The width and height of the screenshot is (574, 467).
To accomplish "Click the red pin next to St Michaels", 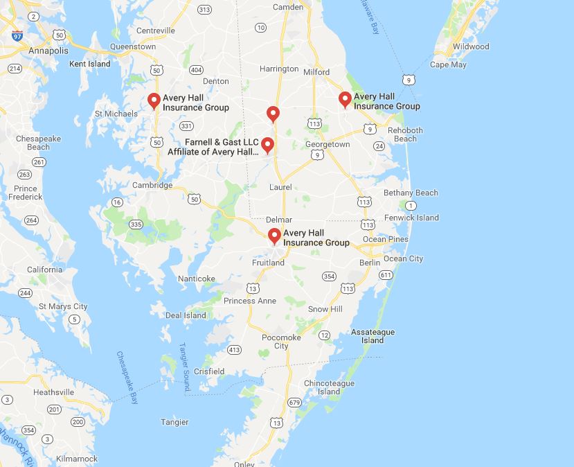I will click(154, 101).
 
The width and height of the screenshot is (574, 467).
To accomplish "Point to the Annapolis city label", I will click(48, 51).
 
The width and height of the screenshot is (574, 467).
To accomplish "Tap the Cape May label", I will click(448, 64).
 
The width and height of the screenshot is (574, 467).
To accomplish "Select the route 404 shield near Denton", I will click(196, 70).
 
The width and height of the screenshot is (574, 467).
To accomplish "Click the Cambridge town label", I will click(152, 185).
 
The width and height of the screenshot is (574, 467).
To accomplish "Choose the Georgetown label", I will click(328, 144).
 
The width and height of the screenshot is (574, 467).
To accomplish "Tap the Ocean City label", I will click(403, 258).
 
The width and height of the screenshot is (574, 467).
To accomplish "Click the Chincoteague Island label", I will click(329, 387).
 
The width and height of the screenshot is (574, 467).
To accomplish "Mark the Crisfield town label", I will click(208, 371).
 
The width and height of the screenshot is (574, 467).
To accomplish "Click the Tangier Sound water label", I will click(185, 360).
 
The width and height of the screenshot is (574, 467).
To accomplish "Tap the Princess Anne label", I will click(250, 301).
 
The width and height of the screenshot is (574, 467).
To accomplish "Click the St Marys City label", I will click(63, 306).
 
